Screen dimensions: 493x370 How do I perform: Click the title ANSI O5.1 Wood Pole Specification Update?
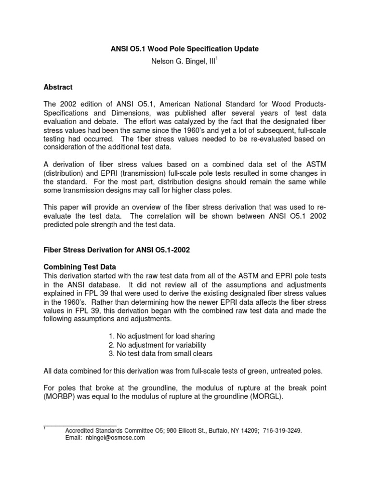185,49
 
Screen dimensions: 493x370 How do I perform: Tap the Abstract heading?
58,87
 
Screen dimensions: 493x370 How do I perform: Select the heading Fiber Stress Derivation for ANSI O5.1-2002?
118,251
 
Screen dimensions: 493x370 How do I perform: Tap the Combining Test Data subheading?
83,266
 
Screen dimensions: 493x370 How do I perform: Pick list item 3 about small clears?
161,353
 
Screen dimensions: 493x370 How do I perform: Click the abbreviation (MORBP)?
62,396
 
